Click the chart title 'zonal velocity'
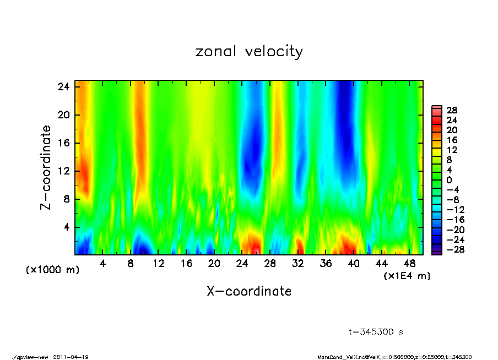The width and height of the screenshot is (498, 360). (249, 52)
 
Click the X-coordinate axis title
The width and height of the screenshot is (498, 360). (249, 291)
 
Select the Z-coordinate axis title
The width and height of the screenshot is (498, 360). (46, 167)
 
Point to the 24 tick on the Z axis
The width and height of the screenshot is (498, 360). (63, 87)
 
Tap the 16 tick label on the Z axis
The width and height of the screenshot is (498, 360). (63, 143)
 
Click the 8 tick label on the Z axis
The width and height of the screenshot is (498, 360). (66, 199)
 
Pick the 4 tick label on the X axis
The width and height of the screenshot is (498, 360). (102, 264)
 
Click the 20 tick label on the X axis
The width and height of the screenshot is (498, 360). (214, 264)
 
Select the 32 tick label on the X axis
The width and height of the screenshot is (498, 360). (298, 264)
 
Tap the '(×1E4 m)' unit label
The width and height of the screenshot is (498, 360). (407, 276)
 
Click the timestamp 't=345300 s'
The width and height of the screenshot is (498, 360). (376, 332)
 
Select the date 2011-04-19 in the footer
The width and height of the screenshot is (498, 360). (71, 357)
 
